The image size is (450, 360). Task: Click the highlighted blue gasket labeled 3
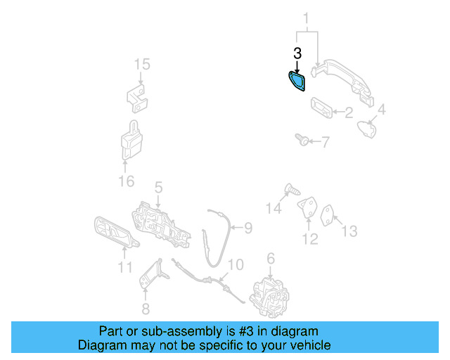(296, 82)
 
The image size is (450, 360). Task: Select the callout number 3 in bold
(297, 53)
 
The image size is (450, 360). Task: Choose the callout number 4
(382, 110)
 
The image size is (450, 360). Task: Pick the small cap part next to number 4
(364, 129)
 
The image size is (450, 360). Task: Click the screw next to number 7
(301, 141)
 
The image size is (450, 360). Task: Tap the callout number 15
(142, 65)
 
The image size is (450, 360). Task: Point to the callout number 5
(159, 187)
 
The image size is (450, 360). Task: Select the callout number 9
(247, 227)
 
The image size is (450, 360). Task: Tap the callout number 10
(236, 264)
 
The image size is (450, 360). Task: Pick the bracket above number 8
(153, 274)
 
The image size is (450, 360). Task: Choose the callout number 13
(349, 231)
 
